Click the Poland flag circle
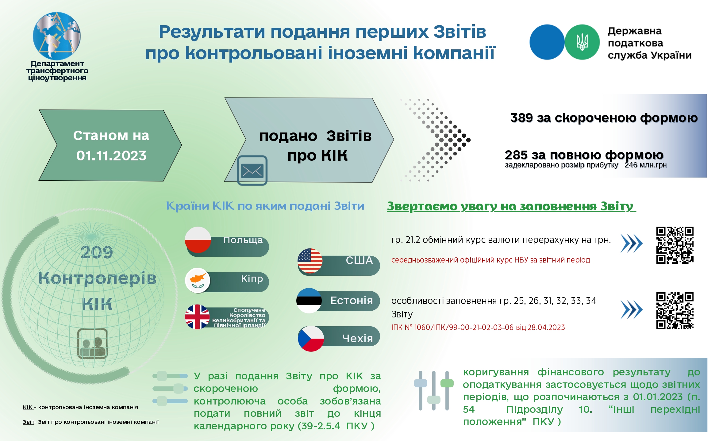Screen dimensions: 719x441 click(x=198, y=240)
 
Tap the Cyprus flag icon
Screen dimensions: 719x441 click(x=198, y=280)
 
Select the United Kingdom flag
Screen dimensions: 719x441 click(x=197, y=317)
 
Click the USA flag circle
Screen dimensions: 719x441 click(x=310, y=261)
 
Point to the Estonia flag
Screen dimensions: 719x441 click(x=309, y=301)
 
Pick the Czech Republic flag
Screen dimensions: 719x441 click(x=311, y=339)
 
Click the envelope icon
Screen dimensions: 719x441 click(x=252, y=171)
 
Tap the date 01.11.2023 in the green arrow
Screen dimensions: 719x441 click(x=111, y=156)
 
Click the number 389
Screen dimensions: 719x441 click(x=521, y=118)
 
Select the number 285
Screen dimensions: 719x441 click(x=516, y=155)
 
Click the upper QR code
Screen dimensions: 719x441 click(x=675, y=245)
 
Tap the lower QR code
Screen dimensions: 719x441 click(x=675, y=310)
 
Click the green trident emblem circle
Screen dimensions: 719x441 click(x=582, y=42)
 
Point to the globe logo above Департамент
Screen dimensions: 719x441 click(x=57, y=36)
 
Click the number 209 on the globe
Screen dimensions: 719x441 click(x=97, y=252)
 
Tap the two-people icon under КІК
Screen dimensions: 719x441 click(x=92, y=343)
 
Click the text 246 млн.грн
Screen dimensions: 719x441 click(x=645, y=165)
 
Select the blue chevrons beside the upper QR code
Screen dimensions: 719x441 click(x=631, y=244)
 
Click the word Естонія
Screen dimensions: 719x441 click(x=352, y=301)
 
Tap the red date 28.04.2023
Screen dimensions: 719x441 click(x=546, y=328)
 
